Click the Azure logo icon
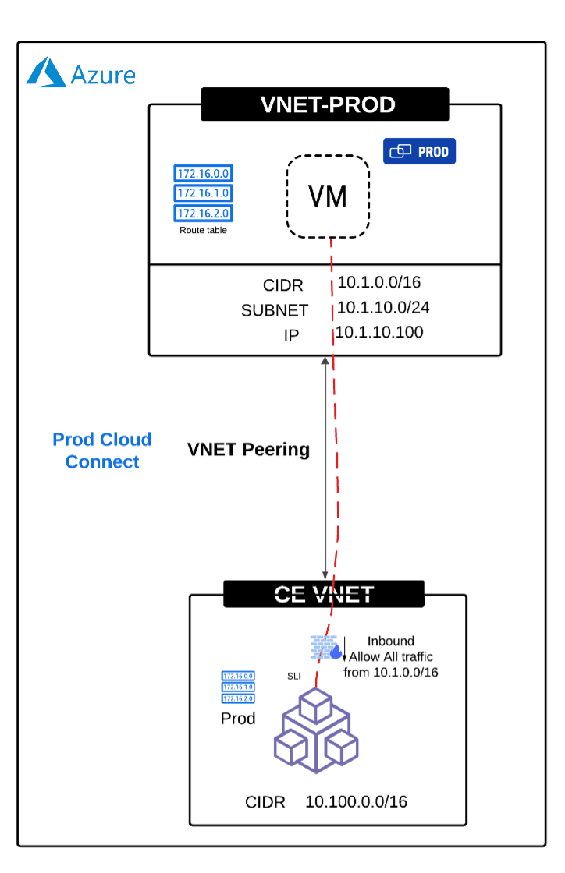click(x=46, y=72)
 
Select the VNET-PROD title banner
click(x=325, y=104)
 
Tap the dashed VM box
click(x=328, y=196)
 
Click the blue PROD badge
click(x=419, y=151)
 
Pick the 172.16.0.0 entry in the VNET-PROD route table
click(x=204, y=174)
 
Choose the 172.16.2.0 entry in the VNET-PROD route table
click(x=204, y=213)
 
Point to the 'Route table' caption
click(x=204, y=230)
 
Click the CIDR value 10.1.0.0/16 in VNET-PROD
click(x=378, y=283)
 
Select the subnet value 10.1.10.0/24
click(x=382, y=308)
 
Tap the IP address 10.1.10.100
click(x=379, y=333)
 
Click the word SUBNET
click(x=275, y=310)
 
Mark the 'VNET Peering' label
click(x=248, y=450)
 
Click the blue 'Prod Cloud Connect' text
click(x=102, y=451)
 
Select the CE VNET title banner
click(x=324, y=594)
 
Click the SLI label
click(x=294, y=676)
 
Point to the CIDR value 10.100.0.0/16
click(x=356, y=801)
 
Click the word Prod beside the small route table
click(x=238, y=718)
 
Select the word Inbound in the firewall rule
click(x=390, y=641)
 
